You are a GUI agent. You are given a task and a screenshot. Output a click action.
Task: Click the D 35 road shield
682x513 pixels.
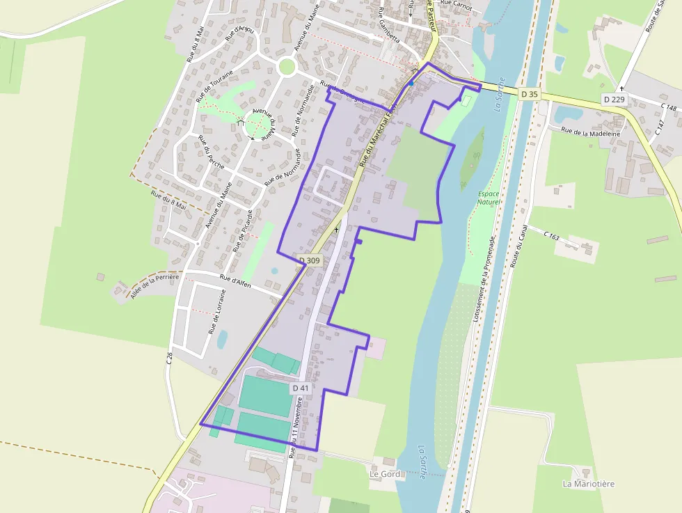pos(529,93)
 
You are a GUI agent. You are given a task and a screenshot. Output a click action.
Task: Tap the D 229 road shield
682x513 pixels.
pos(614,100)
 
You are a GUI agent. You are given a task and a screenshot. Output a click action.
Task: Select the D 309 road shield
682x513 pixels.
pos(310,260)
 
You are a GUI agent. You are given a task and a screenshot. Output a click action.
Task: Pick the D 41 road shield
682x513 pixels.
pos(300,388)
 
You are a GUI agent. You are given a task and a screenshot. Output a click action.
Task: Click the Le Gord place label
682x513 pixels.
pos(384,474)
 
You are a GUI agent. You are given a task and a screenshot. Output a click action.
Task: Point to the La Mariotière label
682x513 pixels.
pos(589,484)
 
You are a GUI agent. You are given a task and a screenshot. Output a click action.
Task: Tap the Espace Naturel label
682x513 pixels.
pos(489,198)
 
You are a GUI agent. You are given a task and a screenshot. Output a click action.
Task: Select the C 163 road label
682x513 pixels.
pos(551,237)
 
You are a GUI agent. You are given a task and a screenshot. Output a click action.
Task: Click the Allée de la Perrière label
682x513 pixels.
pos(154,285)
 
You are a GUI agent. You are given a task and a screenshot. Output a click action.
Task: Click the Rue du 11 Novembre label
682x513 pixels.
pos(296,426)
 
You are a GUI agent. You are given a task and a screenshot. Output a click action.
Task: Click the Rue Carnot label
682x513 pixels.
pos(457,4)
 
